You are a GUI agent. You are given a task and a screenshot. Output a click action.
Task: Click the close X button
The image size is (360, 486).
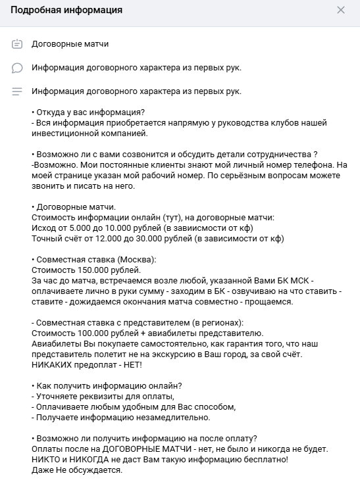click(x=340, y=10)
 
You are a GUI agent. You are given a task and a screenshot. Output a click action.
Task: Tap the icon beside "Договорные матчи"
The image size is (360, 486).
click(x=17, y=44)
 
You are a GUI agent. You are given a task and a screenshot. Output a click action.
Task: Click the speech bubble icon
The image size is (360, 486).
click(x=17, y=68)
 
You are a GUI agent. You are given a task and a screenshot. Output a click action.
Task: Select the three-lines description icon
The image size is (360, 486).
click(x=17, y=91)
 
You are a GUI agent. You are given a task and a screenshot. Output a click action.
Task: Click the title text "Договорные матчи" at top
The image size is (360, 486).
click(x=70, y=44)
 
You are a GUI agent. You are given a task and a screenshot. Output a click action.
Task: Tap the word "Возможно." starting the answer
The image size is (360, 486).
click(x=52, y=164)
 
